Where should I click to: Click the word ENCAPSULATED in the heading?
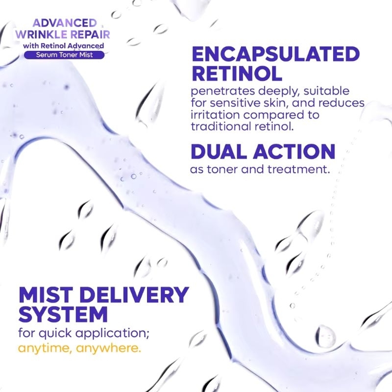(x=275, y=54)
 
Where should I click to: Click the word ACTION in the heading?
(x=294, y=151)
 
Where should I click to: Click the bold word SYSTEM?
(x=63, y=314)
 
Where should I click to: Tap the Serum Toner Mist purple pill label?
(x=64, y=55)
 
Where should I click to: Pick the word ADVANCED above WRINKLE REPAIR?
(x=65, y=23)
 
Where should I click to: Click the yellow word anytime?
(x=45, y=348)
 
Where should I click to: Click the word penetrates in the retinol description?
(x=222, y=91)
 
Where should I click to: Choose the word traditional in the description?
(x=221, y=127)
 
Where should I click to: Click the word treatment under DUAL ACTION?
(x=297, y=170)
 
